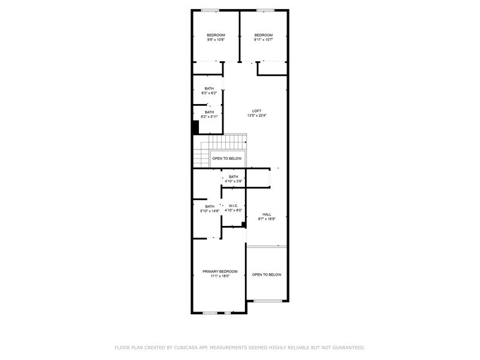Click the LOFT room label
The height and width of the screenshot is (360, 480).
(x=257, y=111)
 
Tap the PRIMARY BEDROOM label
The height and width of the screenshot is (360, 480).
(x=220, y=271)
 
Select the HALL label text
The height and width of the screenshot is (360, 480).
(x=267, y=214)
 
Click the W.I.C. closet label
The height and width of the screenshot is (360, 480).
(x=233, y=206)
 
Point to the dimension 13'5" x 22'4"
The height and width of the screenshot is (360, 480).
(x=257, y=116)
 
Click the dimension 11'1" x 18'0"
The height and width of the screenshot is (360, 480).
(x=220, y=276)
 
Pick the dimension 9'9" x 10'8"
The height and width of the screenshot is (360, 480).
(x=216, y=40)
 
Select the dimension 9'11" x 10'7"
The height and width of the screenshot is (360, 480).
(x=263, y=40)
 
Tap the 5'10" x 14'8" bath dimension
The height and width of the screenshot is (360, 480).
(x=210, y=211)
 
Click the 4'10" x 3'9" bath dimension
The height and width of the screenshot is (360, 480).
(x=233, y=181)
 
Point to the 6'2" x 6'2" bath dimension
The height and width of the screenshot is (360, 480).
(x=209, y=93)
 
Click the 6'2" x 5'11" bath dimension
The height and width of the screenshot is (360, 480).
(x=209, y=116)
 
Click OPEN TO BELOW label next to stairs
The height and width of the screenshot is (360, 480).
(x=227, y=159)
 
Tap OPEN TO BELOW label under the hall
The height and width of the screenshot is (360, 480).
(x=267, y=275)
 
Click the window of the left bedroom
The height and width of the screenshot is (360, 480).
(x=211, y=10)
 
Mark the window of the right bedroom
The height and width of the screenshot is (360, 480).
(x=264, y=10)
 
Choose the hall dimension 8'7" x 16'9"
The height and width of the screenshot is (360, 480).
(x=267, y=219)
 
